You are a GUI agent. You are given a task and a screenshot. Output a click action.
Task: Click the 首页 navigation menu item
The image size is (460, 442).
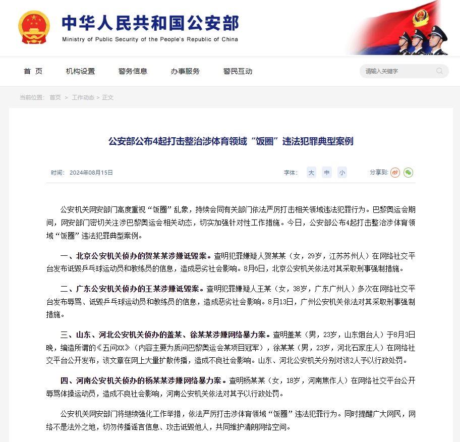[x=33, y=71]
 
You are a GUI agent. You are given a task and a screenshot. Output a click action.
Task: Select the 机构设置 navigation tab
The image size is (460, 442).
[x=80, y=71]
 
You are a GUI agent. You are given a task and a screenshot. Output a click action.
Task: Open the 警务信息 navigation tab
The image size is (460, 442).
[x=133, y=71]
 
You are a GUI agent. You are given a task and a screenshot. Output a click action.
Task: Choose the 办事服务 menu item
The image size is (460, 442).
[x=185, y=71]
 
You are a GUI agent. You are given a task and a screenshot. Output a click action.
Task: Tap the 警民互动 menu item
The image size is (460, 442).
[x=238, y=71]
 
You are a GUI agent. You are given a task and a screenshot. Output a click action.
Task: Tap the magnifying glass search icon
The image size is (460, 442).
[x=440, y=71]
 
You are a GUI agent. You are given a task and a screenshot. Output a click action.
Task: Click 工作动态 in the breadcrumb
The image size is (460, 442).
[x=83, y=97]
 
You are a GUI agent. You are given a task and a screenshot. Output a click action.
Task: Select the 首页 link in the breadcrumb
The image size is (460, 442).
[x=55, y=97]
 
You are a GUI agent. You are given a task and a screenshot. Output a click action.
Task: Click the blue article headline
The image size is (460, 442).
[x=231, y=141]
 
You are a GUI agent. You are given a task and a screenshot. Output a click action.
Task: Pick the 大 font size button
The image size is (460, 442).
[x=312, y=173]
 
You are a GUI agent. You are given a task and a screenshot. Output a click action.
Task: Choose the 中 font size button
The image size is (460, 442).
[x=327, y=173]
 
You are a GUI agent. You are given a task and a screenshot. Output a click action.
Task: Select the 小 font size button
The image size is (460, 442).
[x=342, y=173]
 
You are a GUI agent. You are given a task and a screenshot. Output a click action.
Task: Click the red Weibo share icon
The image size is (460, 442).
[x=395, y=173]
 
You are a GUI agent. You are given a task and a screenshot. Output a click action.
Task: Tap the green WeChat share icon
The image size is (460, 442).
[x=408, y=173]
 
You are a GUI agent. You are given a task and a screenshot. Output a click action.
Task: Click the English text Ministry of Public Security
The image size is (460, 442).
[x=150, y=39]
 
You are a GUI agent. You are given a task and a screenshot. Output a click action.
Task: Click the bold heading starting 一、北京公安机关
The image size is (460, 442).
[x=136, y=256]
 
